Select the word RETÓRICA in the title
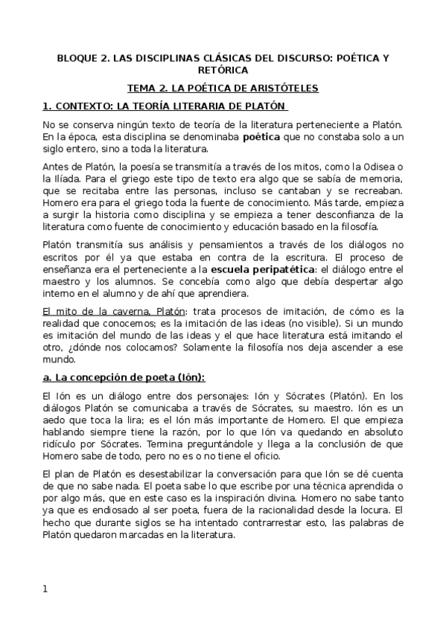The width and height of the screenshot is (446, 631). point(223,70)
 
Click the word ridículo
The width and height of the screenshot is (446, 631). point(62,448)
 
